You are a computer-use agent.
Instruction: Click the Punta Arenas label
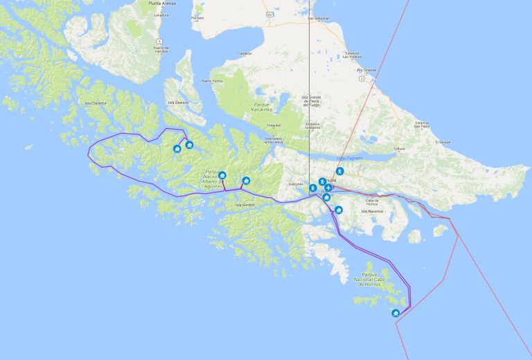(x=161, y=3)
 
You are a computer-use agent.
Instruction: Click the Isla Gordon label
(x=245, y=204)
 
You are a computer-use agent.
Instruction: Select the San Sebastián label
(x=319, y=18)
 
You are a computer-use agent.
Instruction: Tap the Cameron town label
(x=245, y=53)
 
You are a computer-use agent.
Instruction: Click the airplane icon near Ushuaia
(x=328, y=188)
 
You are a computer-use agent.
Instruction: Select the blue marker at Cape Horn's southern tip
(x=396, y=313)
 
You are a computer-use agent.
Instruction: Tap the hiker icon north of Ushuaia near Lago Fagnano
(x=339, y=171)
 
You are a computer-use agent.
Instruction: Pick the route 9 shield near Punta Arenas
(x=160, y=42)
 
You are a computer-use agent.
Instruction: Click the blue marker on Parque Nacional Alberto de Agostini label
(x=222, y=176)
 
